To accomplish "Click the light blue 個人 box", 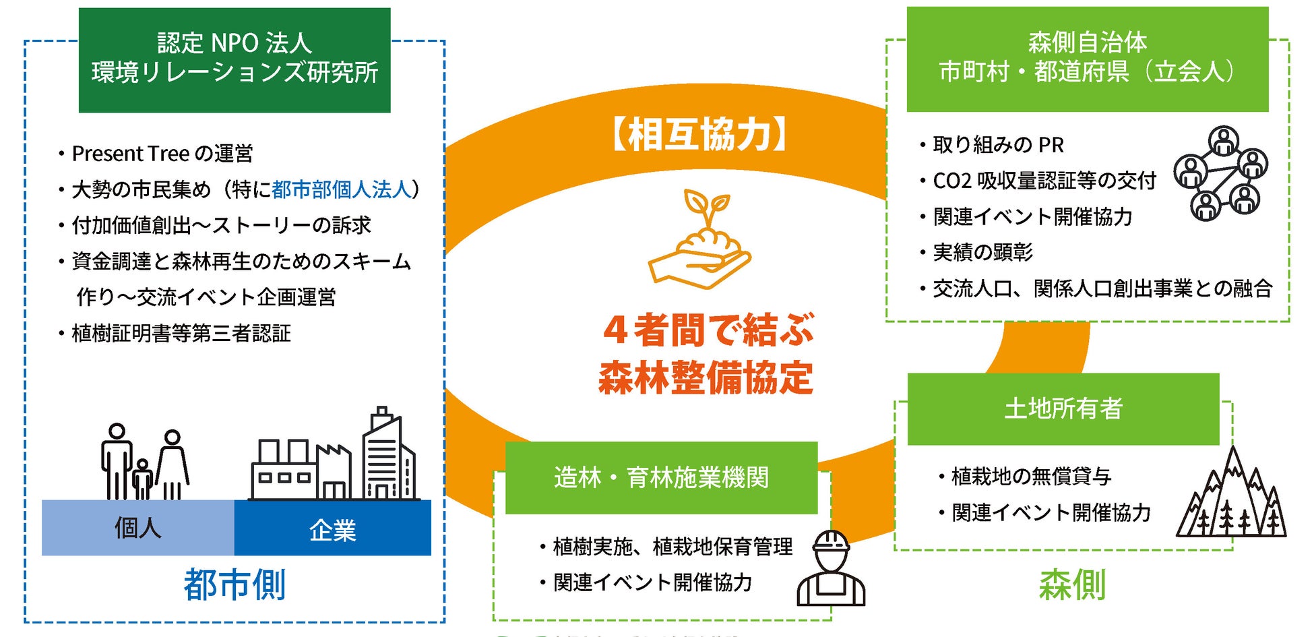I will point(137,528).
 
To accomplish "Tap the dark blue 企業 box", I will point(332,528).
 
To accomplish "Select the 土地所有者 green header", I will point(1063,408).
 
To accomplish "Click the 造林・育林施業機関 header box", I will point(661,478).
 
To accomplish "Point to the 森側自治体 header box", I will point(1087,59).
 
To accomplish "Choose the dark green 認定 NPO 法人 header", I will point(234,59).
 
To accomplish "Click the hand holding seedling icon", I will point(699,239).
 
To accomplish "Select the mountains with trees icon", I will point(1231,496).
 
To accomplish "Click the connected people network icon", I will point(1220,173).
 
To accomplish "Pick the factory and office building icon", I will point(334,456).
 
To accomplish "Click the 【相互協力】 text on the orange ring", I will point(699,134).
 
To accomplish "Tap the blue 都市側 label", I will point(234,584).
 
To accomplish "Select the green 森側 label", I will point(1072,584).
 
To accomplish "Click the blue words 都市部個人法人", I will point(342,189).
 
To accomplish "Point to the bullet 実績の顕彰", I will point(982,252).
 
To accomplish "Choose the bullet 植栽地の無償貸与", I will point(1031,477).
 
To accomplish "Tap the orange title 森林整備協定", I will point(706,377).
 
